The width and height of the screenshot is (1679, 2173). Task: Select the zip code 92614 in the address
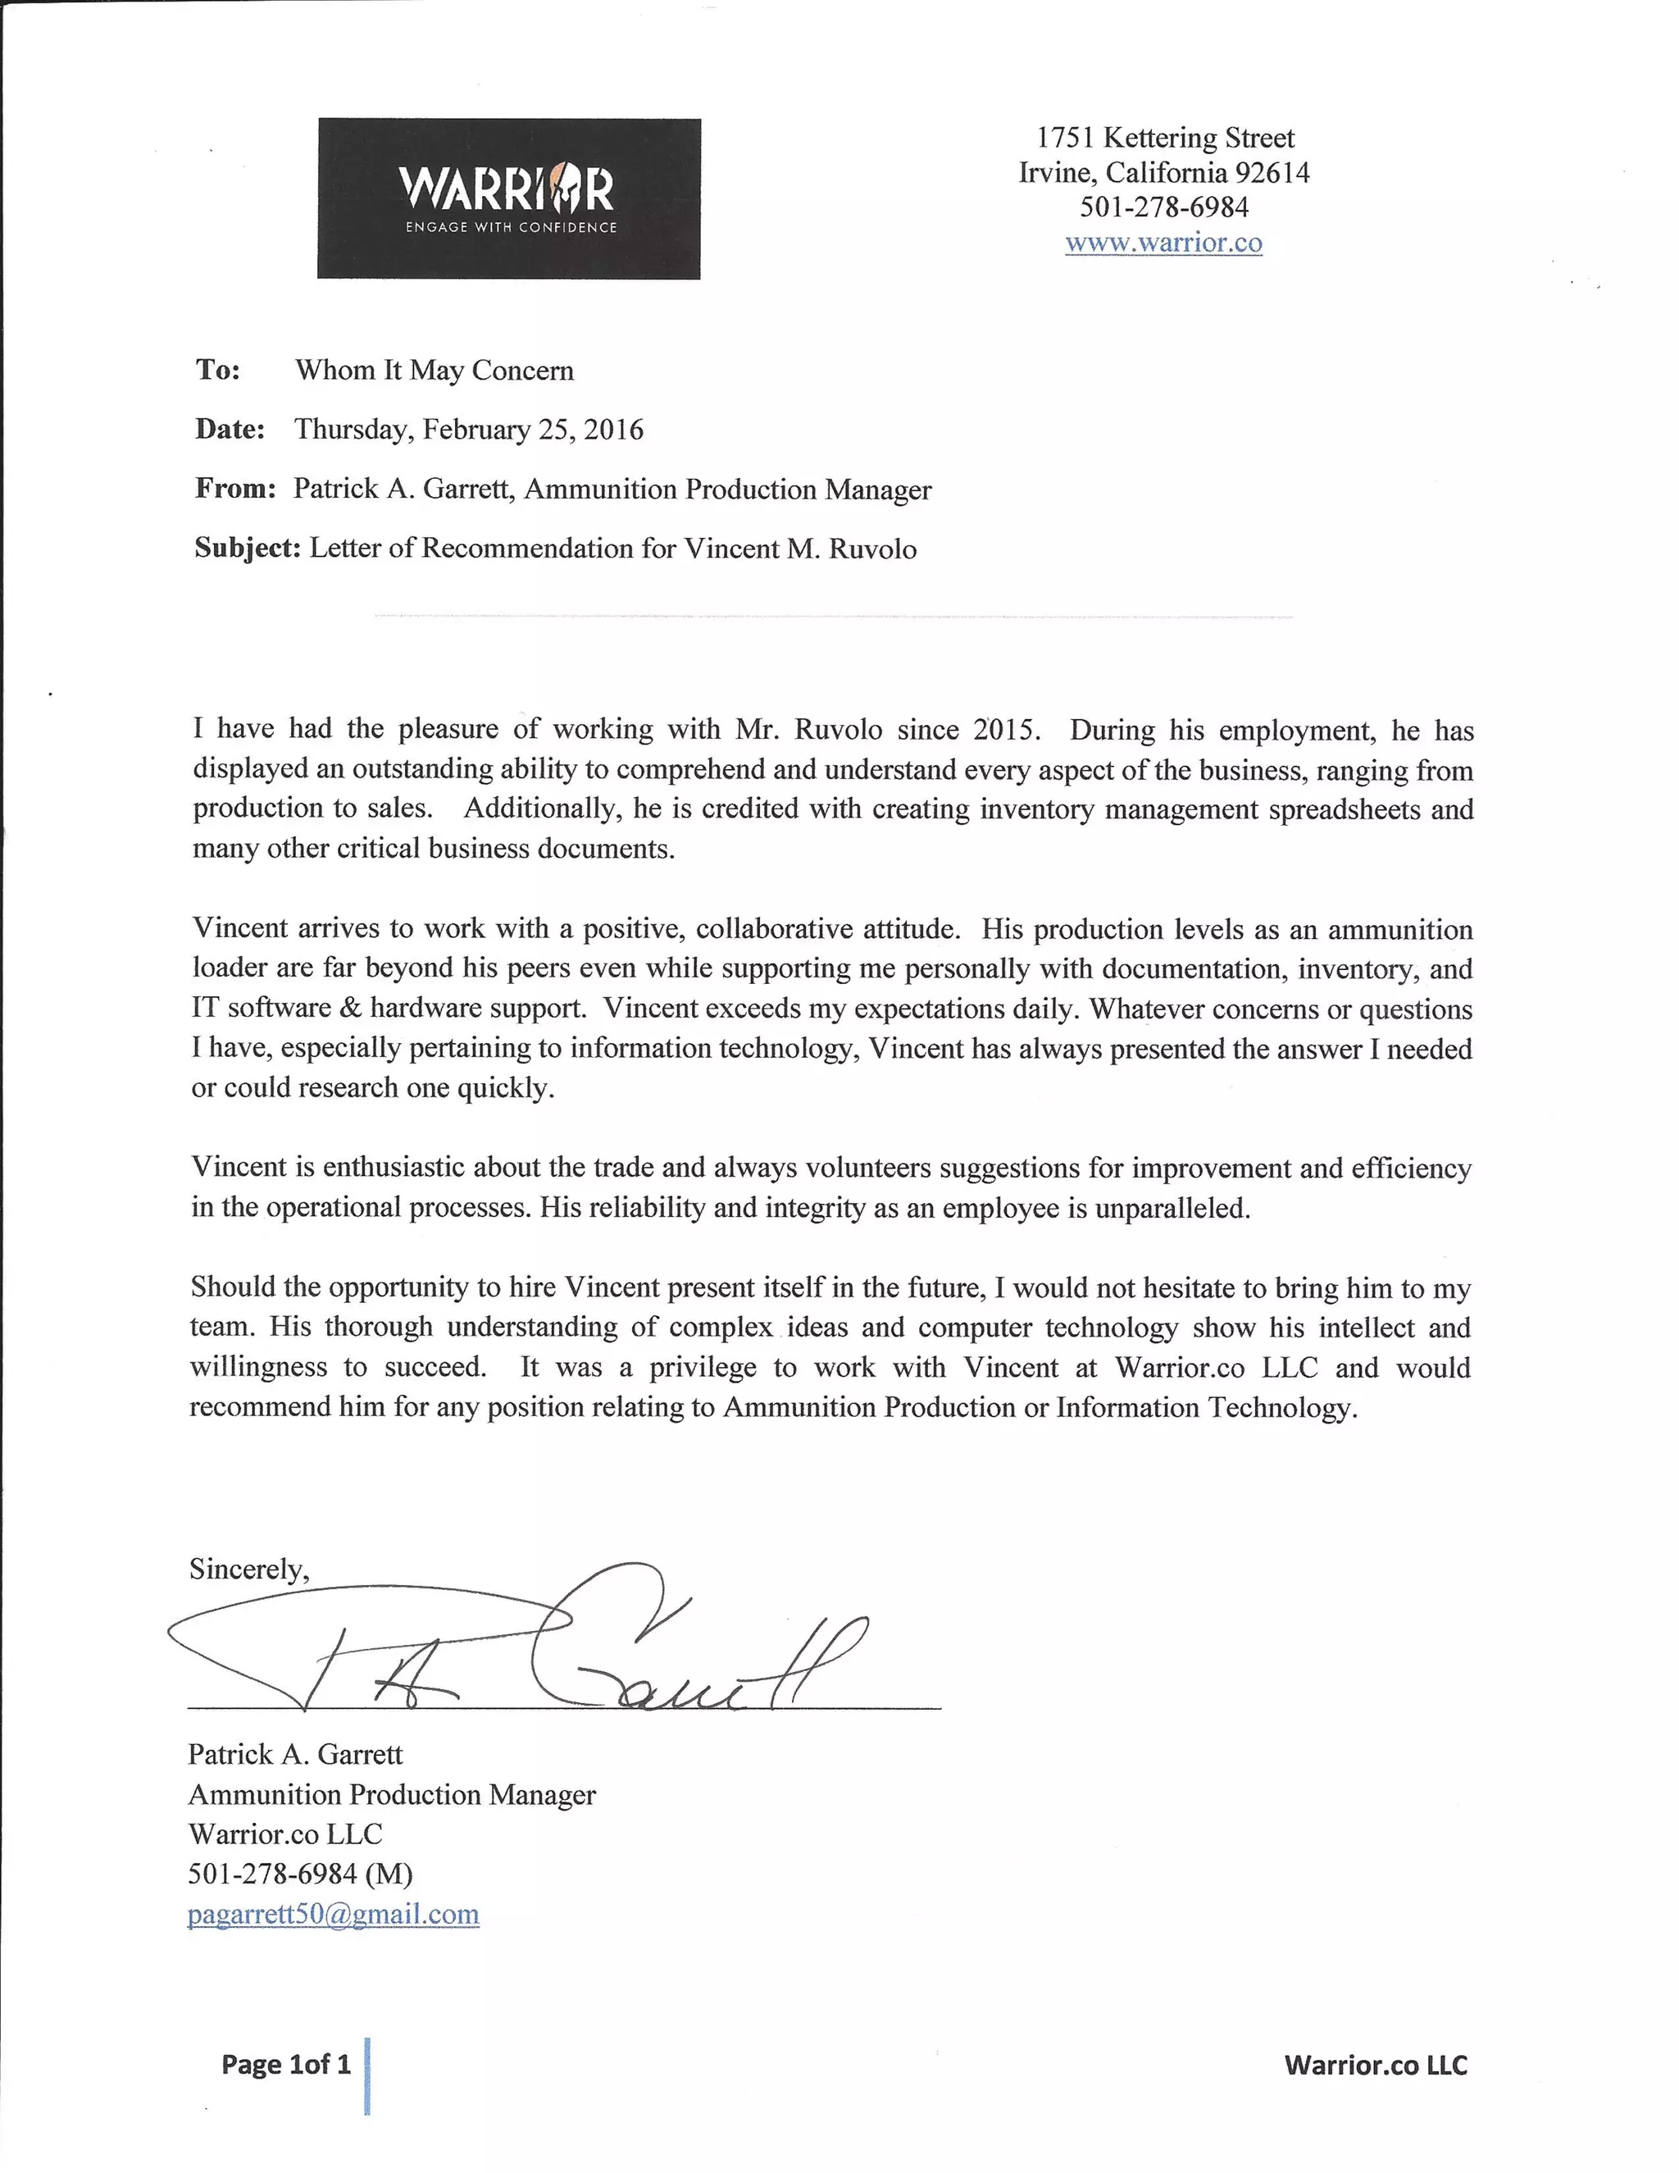[x=1272, y=173]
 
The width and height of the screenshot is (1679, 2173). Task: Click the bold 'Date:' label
[x=230, y=430]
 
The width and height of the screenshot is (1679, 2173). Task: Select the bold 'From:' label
[x=234, y=489]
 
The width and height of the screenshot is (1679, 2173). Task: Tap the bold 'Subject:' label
[x=248, y=549]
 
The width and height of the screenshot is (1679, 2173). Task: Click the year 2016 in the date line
[x=614, y=430]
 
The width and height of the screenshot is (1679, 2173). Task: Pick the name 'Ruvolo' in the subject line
[x=872, y=549]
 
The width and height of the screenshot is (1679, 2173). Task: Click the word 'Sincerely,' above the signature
[x=248, y=1569]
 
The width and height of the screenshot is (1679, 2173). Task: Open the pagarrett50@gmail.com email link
[x=333, y=1913]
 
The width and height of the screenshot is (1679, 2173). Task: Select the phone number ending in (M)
[x=299, y=1874]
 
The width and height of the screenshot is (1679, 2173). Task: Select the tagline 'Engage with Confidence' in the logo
[x=510, y=228]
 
